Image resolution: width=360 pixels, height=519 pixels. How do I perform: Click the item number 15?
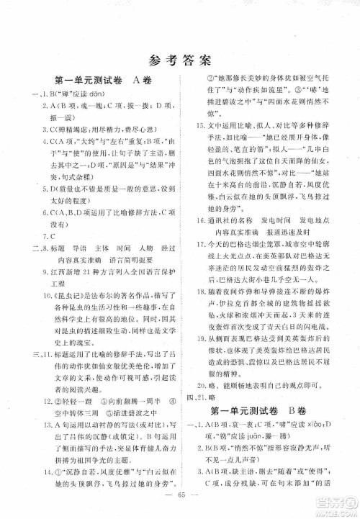tap(201, 125)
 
